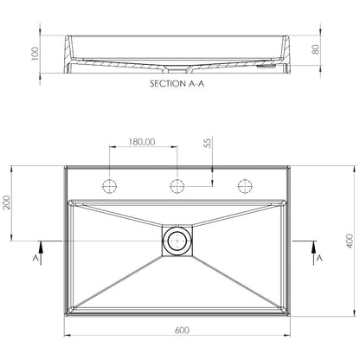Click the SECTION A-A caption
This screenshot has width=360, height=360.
[177, 84]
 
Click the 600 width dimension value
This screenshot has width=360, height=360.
[182, 330]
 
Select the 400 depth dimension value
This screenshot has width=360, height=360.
[350, 241]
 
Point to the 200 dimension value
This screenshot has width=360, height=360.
[7, 202]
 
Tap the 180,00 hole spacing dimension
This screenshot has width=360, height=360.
[142, 142]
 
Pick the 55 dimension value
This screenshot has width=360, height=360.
[208, 143]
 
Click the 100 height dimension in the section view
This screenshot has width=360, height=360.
[35, 54]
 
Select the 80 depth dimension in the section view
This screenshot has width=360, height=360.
[316, 49]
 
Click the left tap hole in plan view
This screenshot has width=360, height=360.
[110, 186]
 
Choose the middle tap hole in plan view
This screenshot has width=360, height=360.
[177, 186]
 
